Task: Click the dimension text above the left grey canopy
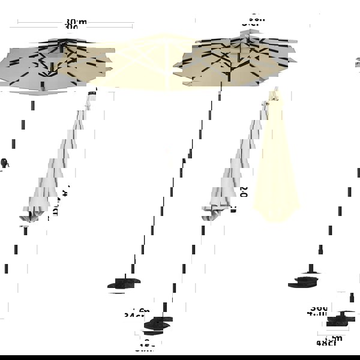point(76,25)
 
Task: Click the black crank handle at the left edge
point(4,163)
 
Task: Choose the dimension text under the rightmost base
point(329,342)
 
